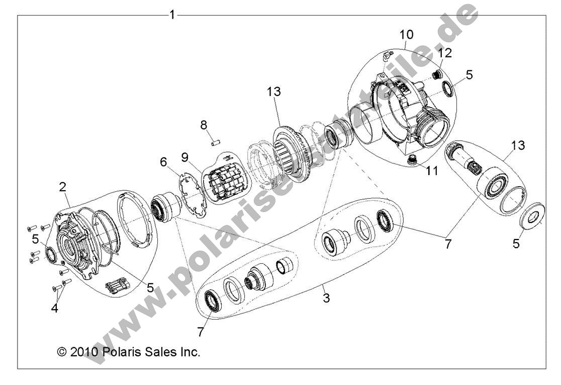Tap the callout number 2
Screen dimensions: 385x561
pos(63,187)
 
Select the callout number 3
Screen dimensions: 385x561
pos(326,298)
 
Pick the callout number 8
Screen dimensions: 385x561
pos(204,124)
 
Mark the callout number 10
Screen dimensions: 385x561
pos(407,35)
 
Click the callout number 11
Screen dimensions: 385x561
pos(432,171)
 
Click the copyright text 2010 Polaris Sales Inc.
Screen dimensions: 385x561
pos(129,352)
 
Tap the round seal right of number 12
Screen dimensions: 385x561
pos(447,90)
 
